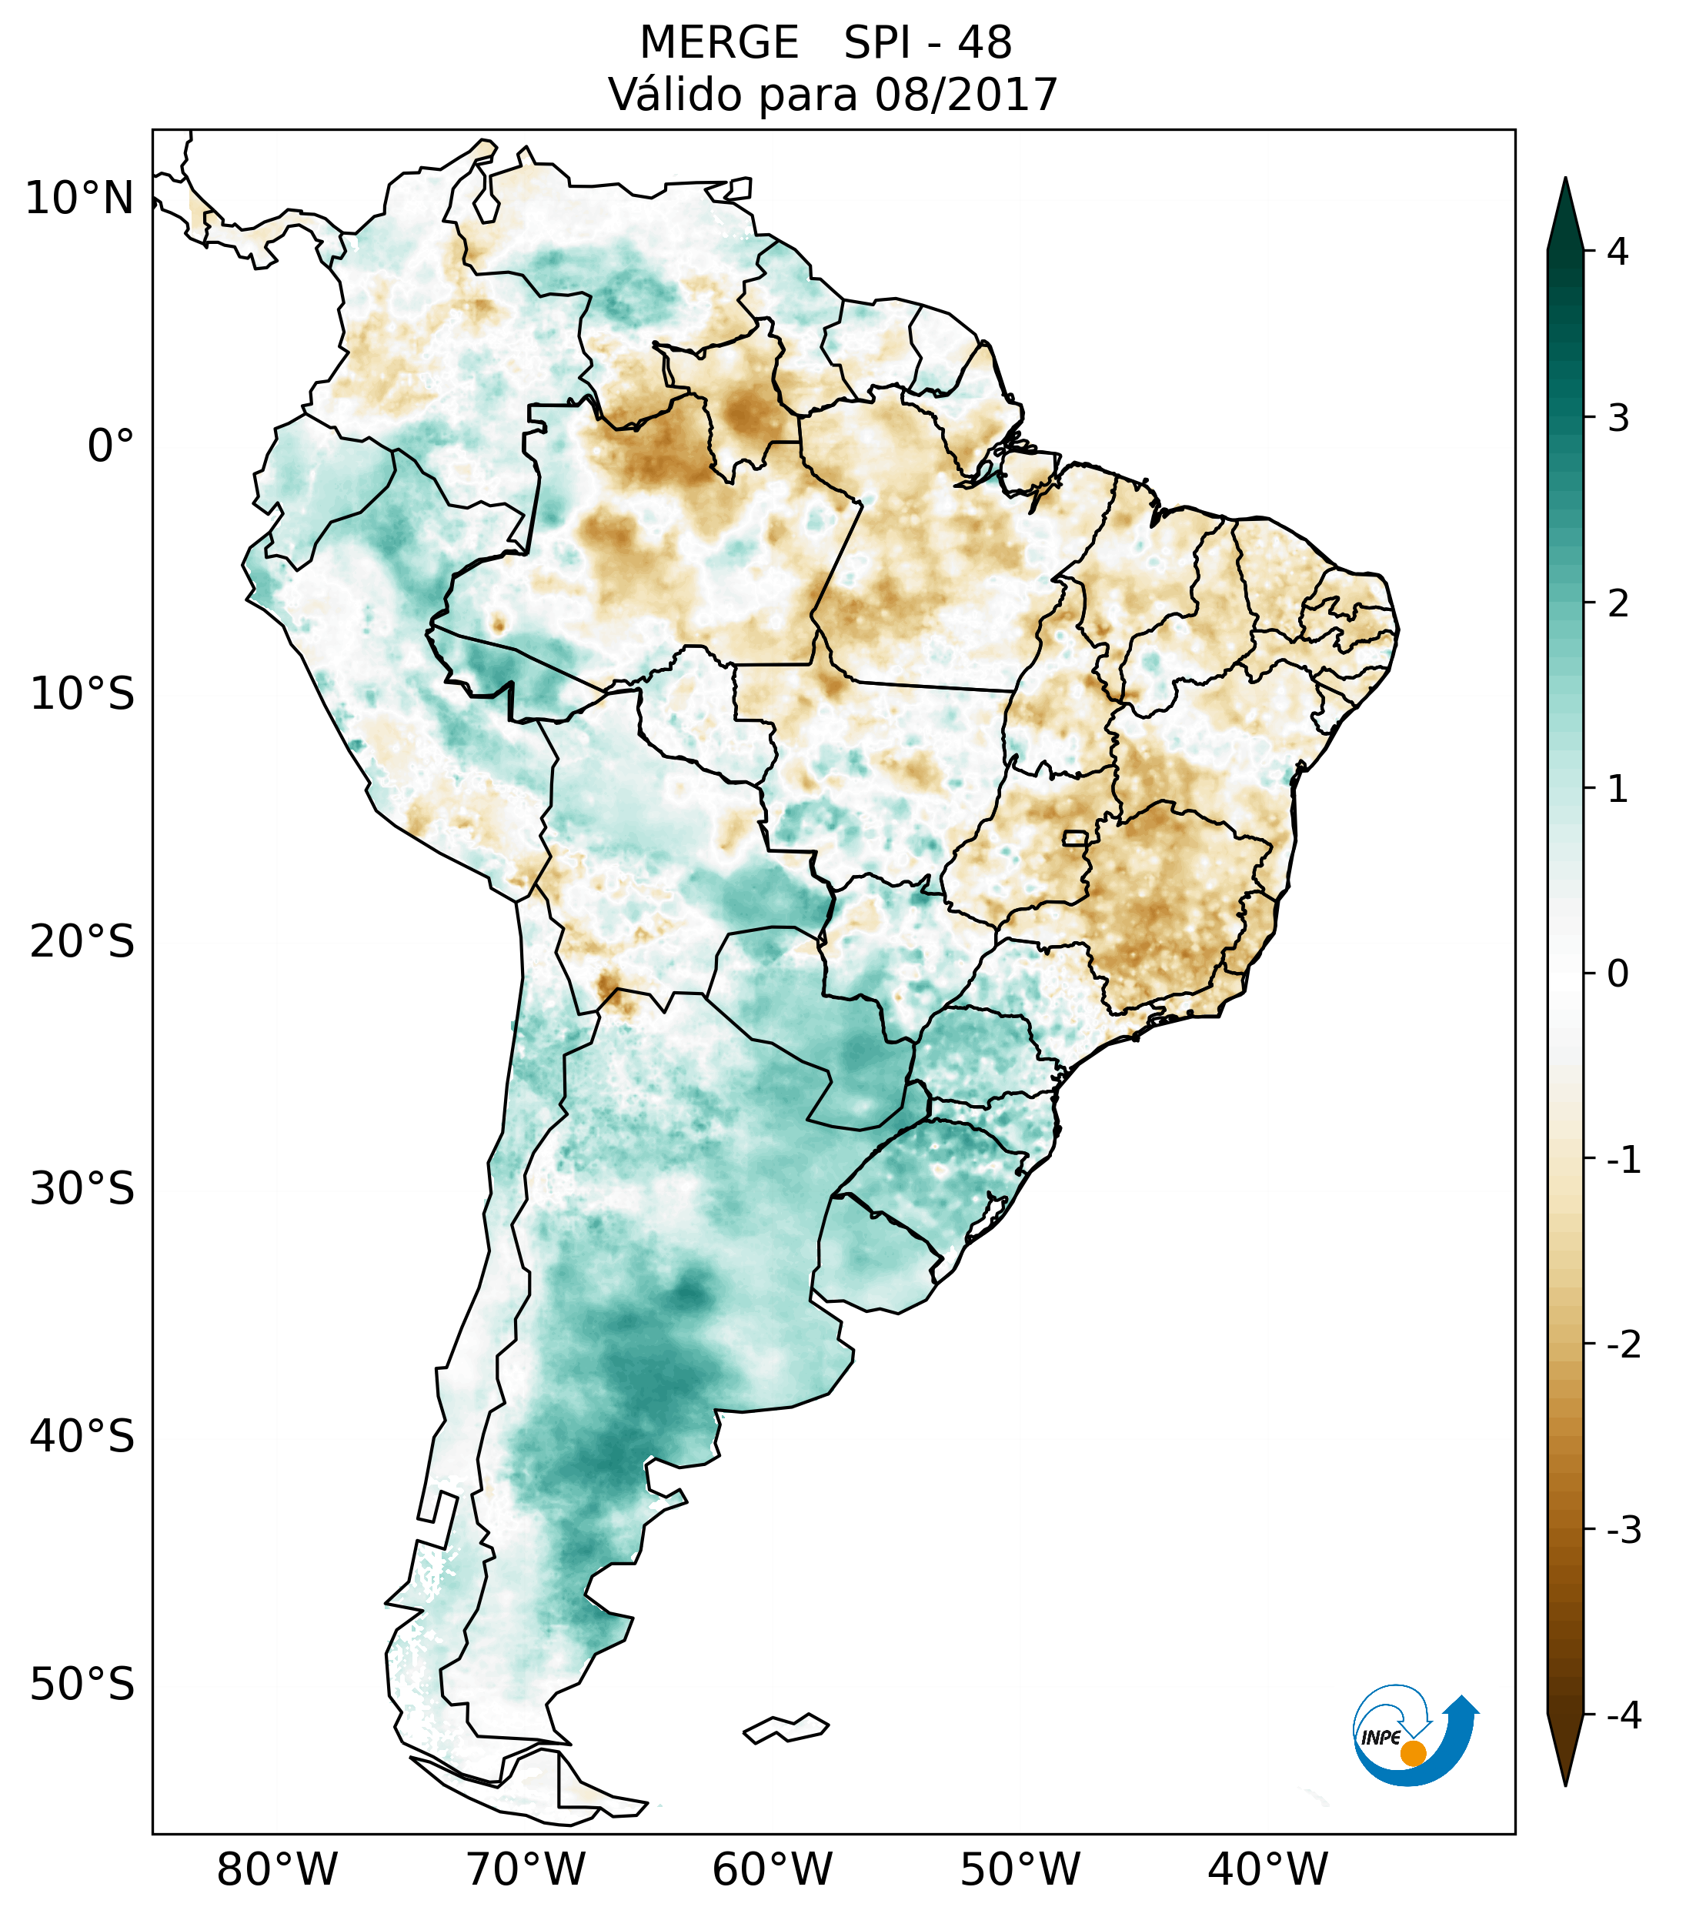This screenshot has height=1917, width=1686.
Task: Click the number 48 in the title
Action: click(x=985, y=43)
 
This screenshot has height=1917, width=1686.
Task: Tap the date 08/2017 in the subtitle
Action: click(x=966, y=95)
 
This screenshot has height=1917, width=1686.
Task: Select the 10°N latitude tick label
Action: click(x=80, y=199)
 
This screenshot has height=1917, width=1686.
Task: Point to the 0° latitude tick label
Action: click(x=111, y=446)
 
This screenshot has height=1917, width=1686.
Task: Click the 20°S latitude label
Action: click(x=82, y=942)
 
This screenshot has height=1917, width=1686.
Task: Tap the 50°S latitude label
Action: click(x=82, y=1685)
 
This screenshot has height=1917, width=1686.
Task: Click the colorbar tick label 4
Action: click(x=1618, y=252)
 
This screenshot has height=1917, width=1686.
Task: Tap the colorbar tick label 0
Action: click(x=1618, y=974)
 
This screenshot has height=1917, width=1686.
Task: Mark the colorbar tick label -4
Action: click(x=1623, y=1715)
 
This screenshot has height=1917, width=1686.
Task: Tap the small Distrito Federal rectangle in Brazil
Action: click(x=1076, y=837)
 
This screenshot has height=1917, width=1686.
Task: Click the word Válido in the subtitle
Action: click(x=675, y=95)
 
